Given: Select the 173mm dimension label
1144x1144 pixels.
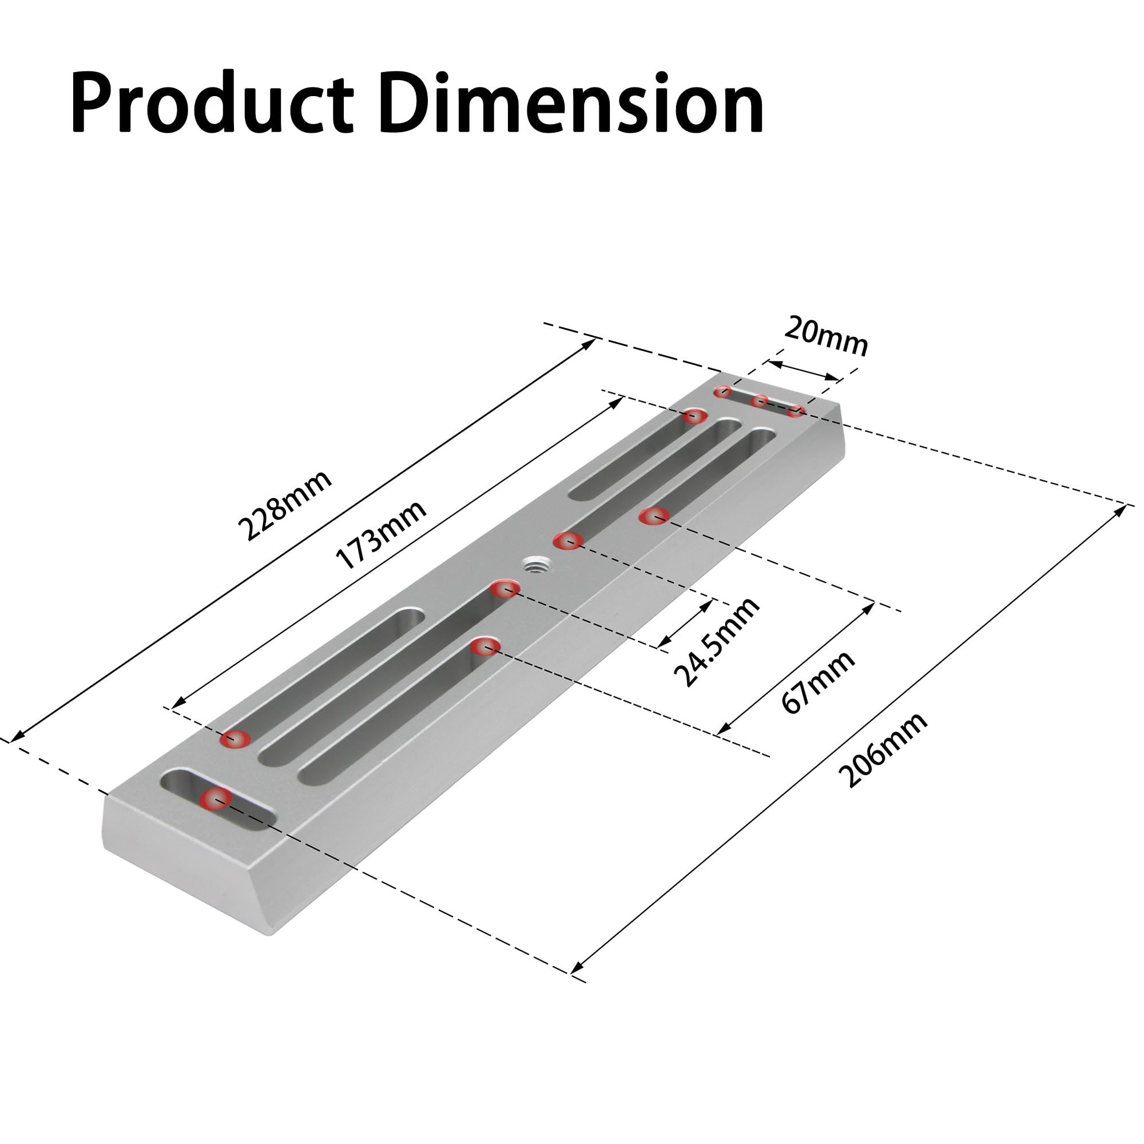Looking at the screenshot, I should [x=381, y=534].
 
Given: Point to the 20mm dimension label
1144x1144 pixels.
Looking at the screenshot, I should [x=826, y=337].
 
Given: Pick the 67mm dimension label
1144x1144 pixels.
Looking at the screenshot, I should [x=819, y=682].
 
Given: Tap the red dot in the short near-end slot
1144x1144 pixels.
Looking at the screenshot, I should [x=216, y=799].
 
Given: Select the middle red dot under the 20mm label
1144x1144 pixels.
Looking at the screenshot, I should [x=760, y=401].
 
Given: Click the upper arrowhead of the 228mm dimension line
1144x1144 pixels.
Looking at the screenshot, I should [x=591, y=342].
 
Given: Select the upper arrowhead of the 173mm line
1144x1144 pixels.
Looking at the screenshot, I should [x=618, y=401].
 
